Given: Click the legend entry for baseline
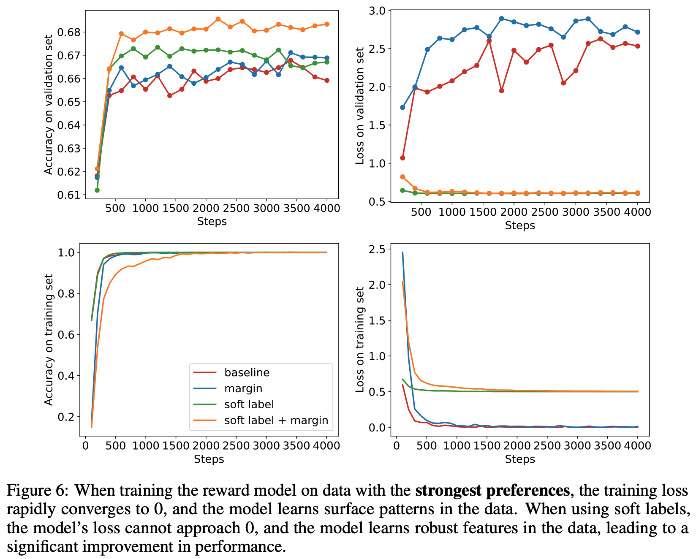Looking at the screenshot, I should click(x=247, y=372).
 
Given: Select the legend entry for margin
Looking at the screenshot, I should click(x=243, y=388).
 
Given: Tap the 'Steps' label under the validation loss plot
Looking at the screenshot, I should click(x=520, y=225).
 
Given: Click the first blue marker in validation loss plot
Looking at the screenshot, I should click(x=402, y=107).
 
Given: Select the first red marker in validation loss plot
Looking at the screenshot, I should click(x=402, y=158).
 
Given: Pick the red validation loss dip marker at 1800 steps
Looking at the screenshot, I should click(x=501, y=91).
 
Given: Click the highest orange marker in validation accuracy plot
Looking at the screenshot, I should click(x=218, y=19).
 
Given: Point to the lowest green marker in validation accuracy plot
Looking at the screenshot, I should click(x=97, y=190).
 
